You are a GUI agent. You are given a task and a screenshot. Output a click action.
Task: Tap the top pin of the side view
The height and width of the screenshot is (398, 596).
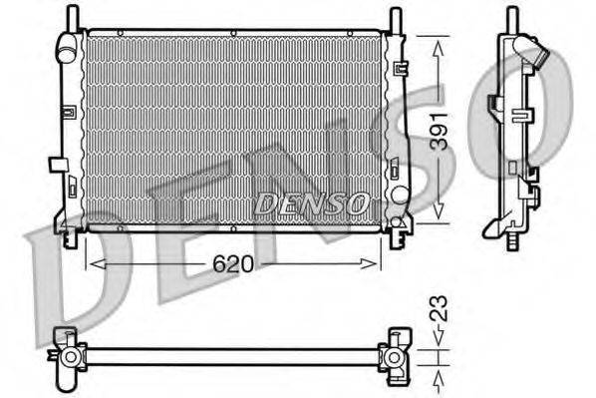(x=512, y=17)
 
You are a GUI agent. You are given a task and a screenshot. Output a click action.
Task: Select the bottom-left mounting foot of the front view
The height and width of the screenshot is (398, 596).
(x=69, y=236)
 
